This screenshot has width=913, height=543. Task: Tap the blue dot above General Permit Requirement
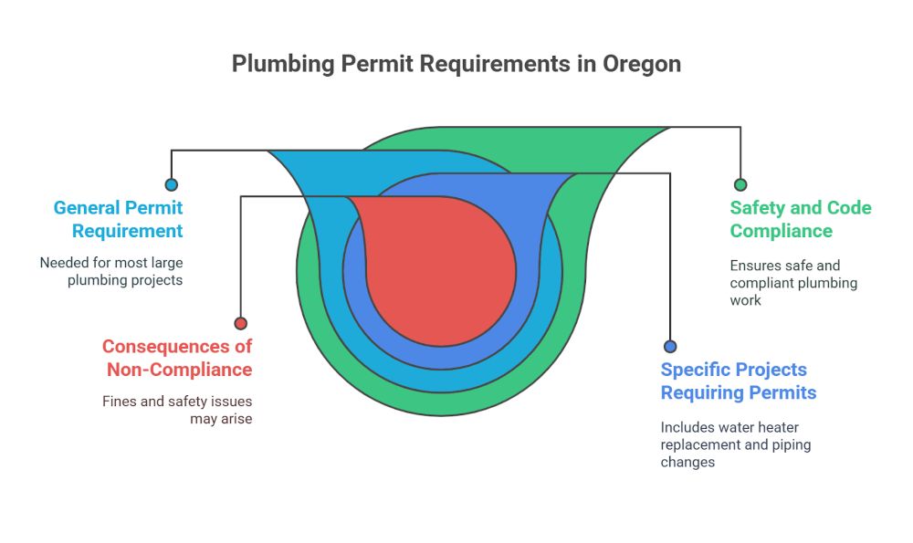172,184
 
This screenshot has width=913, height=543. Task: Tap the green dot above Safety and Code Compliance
740,184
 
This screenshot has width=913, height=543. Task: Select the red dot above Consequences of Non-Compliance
240,323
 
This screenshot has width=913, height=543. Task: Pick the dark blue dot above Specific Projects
670,347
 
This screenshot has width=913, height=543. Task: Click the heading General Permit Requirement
118,219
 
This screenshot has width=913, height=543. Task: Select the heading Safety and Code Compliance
801,219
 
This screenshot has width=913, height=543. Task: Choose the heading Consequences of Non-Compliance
177,358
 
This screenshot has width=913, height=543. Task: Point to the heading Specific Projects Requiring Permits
738,381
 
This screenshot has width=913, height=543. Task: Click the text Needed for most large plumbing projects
111,271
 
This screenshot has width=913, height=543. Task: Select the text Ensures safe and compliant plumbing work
792,283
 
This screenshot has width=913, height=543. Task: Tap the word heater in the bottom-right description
779,427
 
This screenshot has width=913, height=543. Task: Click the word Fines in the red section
120,401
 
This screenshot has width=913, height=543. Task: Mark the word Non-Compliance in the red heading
179,370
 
